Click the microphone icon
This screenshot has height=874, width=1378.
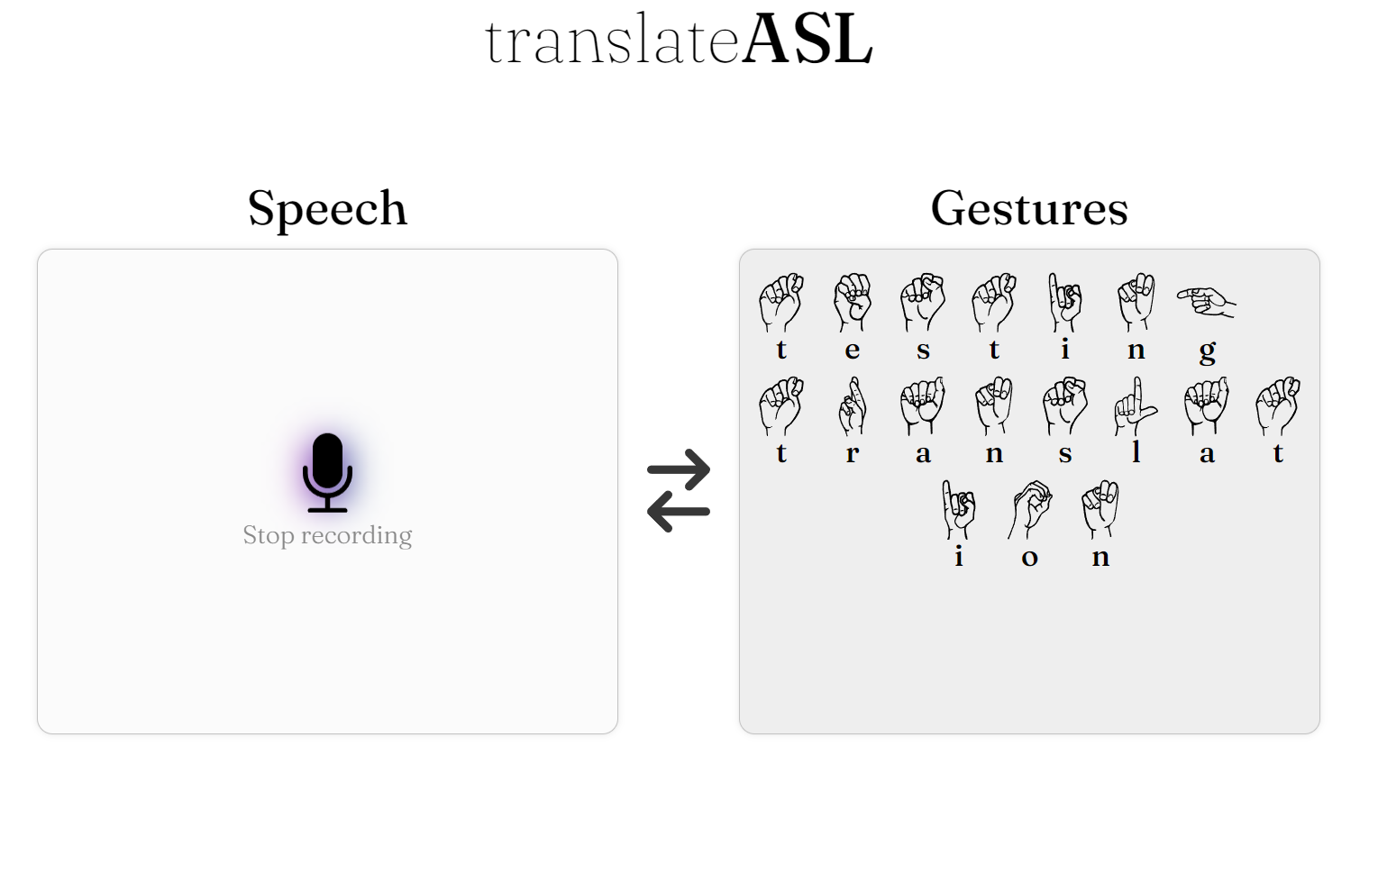[327, 472]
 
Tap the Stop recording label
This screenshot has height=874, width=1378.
[327, 535]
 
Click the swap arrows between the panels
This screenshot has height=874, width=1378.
[679, 490]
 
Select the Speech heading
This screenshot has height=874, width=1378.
[327, 208]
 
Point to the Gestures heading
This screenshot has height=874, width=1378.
[1029, 208]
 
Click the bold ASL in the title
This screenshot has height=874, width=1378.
[807, 40]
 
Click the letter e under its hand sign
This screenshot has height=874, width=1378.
[853, 350]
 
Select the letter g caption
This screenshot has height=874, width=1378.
[1208, 351]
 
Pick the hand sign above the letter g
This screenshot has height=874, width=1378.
[1206, 301]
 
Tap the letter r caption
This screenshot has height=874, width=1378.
[853, 453]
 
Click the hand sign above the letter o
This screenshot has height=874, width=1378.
[1030, 508]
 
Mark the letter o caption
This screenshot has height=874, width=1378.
[1030, 558]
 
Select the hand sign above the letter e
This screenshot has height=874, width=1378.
[853, 302]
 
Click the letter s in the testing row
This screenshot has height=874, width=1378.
[923, 350]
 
